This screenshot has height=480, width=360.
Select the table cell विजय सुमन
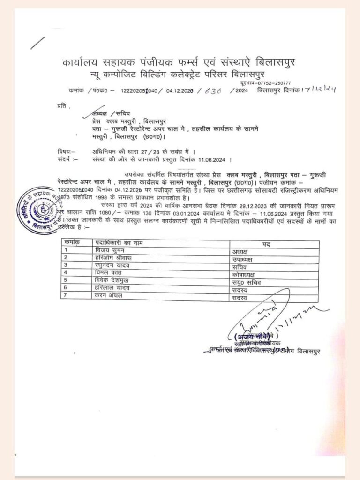coord(109,251)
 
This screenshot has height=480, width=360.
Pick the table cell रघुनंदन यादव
coord(112,265)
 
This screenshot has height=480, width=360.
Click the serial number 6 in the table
coord(66,287)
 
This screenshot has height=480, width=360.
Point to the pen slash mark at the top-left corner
coord(37,43)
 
